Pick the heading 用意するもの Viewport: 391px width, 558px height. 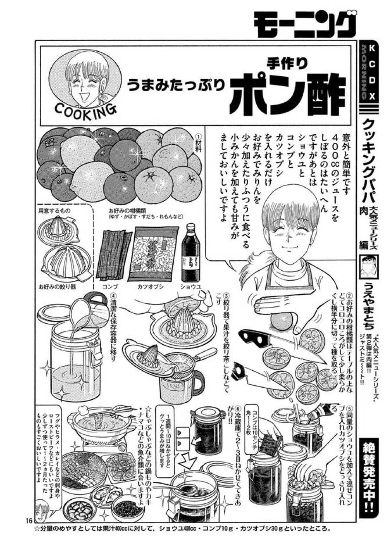55,211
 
